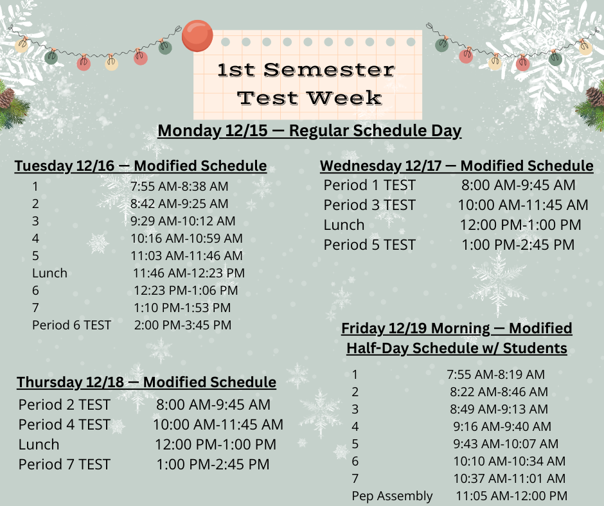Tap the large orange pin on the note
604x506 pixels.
197,36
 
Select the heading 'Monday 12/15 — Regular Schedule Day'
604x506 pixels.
310,130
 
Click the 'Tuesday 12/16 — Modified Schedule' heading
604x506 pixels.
141,166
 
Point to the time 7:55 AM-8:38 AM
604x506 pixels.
179,186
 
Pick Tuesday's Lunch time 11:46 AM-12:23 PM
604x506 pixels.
189,273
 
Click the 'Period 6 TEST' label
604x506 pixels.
71,325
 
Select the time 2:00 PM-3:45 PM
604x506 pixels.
182,325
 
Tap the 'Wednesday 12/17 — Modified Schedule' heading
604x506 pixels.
457,166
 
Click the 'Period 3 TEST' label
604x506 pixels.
369,205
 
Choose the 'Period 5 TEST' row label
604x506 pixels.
369,245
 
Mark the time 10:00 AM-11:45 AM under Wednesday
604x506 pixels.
523,205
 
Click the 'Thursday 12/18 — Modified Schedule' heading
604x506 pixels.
147,383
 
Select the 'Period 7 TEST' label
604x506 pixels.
64,464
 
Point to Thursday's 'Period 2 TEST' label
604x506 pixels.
64,405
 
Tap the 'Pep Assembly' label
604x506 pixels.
392,496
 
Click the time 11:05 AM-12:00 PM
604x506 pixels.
511,496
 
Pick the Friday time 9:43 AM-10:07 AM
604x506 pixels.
506,444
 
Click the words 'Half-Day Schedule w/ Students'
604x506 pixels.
457,348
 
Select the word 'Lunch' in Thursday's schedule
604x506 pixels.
39,444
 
